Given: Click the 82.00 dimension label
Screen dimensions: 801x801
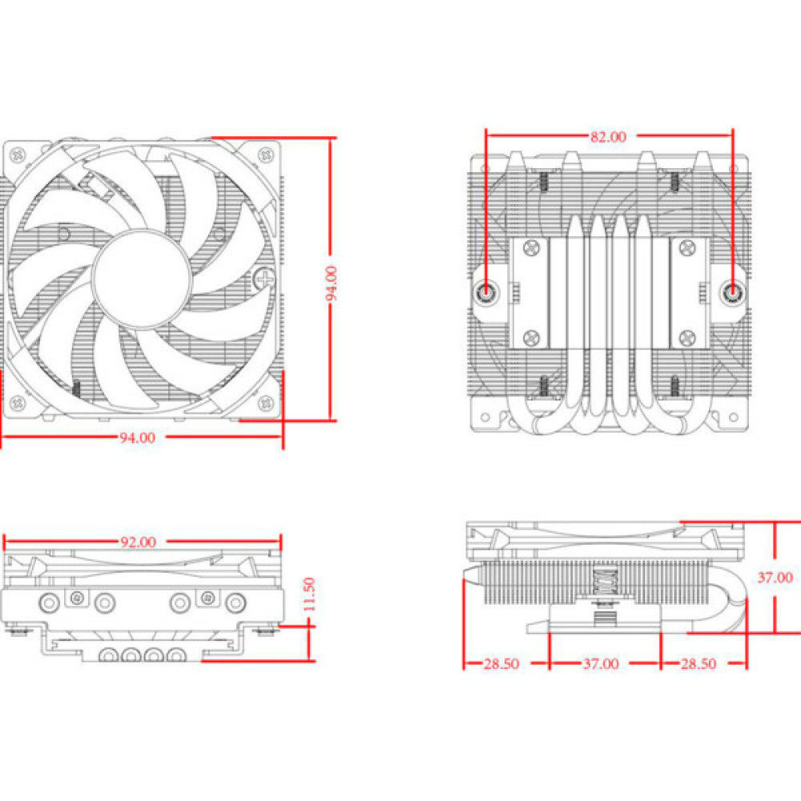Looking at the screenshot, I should pos(608,136).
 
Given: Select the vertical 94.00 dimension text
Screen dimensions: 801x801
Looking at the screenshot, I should pos(332,282).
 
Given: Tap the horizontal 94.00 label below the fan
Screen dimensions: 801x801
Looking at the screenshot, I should pos(138,437).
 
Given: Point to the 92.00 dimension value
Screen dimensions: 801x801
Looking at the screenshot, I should pos(138,541).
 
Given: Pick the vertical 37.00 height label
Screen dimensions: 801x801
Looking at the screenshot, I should pos(775,577).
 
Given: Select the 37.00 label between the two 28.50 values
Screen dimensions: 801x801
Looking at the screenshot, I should pos(601,663).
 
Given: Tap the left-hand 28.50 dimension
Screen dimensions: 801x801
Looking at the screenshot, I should pos(501,663).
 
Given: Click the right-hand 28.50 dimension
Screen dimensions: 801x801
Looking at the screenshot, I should pos(698,663).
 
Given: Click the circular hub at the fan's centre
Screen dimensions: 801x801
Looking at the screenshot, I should pos(142,277).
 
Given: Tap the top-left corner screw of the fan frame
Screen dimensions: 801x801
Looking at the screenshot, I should pos(17,155).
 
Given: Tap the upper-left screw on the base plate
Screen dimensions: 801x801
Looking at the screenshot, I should pos(530,249).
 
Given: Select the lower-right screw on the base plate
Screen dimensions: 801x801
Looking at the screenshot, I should pos(686,337).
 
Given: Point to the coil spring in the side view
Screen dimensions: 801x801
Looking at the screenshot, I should pos(604,582).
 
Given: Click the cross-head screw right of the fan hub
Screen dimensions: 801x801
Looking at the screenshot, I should pos(264,279).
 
